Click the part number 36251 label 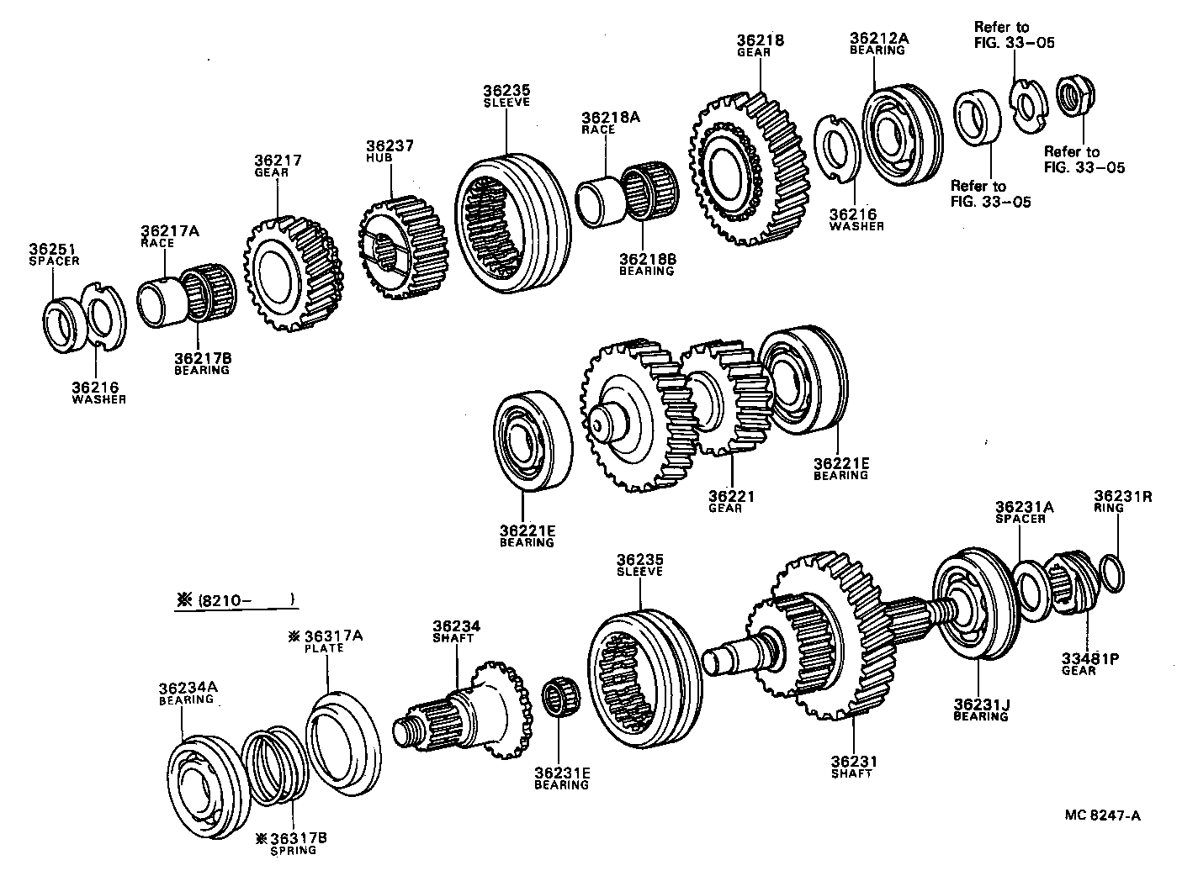[52, 250]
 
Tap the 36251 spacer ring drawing [63, 325]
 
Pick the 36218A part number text [610, 119]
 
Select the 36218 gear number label [760, 40]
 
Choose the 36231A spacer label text [1024, 508]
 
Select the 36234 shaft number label [456, 626]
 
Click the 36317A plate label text [331, 636]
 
